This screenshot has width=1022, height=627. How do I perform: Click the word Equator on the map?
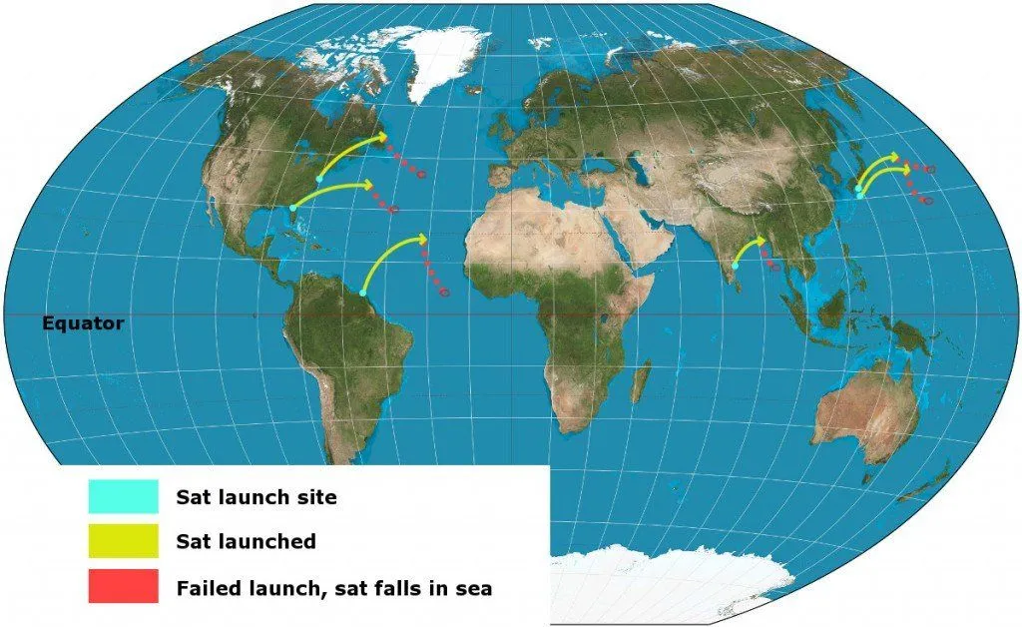coord(83,323)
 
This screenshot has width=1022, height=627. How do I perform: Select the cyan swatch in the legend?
coord(123,496)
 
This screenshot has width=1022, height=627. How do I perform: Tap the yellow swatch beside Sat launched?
coord(123,541)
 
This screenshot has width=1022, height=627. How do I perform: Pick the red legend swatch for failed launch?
coord(123,587)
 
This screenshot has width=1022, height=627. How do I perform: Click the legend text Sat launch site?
coord(256,496)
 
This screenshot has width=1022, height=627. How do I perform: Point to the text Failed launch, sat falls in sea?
coord(333,588)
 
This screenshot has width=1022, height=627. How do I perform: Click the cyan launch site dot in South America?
coord(362,293)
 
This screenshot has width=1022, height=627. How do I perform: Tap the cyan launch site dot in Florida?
coord(291,208)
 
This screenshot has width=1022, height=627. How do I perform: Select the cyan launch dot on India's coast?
coord(735,267)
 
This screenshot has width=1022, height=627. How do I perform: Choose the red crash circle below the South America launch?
coord(443,292)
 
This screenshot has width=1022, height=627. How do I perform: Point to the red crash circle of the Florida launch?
coord(394,210)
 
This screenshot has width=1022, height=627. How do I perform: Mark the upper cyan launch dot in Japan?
coord(858,187)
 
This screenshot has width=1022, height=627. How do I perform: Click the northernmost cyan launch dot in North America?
coord(318,179)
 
